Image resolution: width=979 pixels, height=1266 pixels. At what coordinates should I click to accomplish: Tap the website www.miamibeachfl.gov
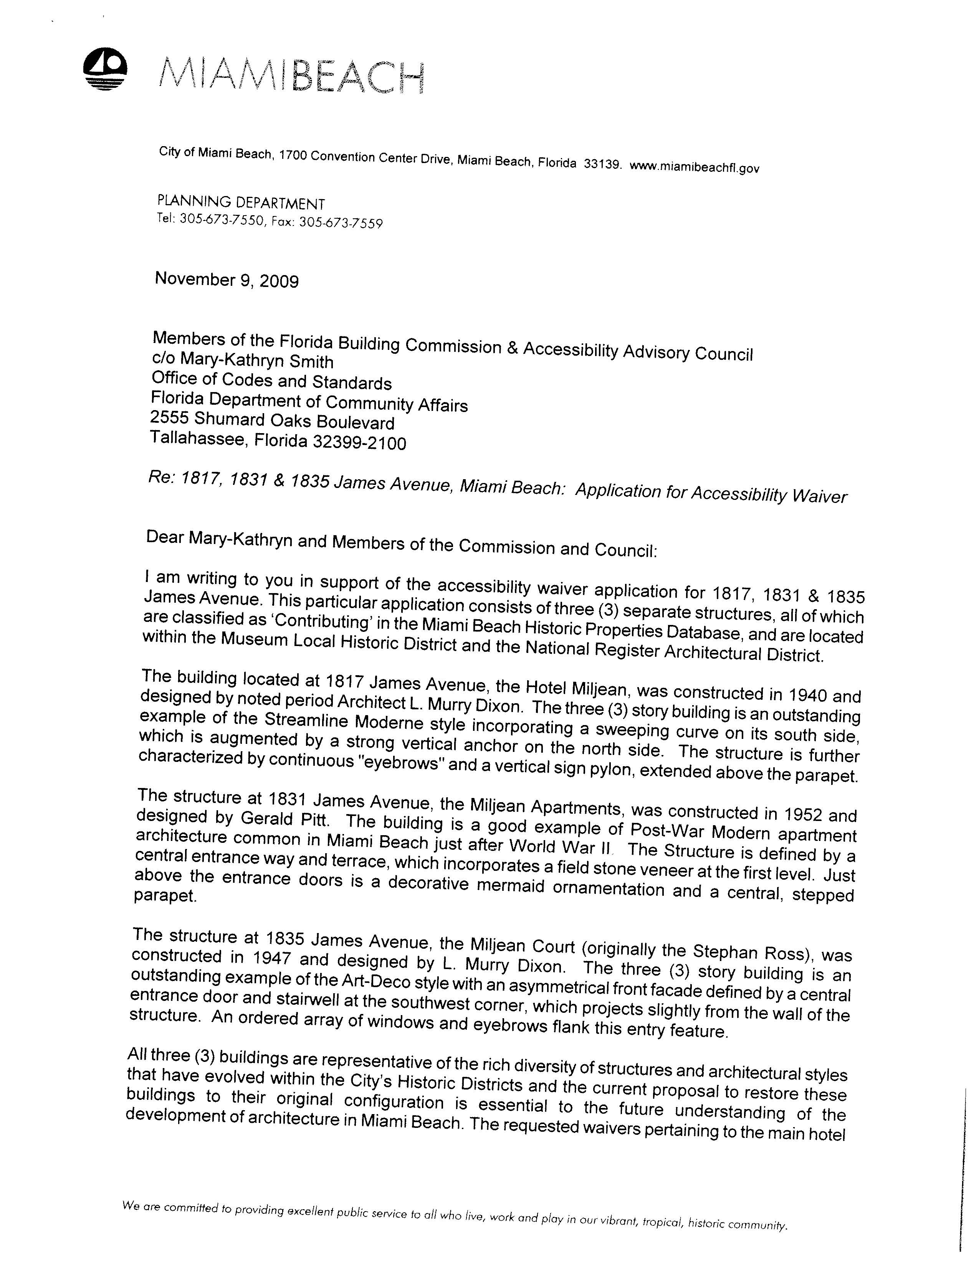click(694, 168)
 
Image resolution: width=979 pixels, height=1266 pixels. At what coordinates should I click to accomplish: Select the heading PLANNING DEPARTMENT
click(241, 203)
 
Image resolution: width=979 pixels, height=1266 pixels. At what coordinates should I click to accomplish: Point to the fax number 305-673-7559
click(341, 223)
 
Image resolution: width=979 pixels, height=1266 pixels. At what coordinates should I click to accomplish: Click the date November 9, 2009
click(227, 280)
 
